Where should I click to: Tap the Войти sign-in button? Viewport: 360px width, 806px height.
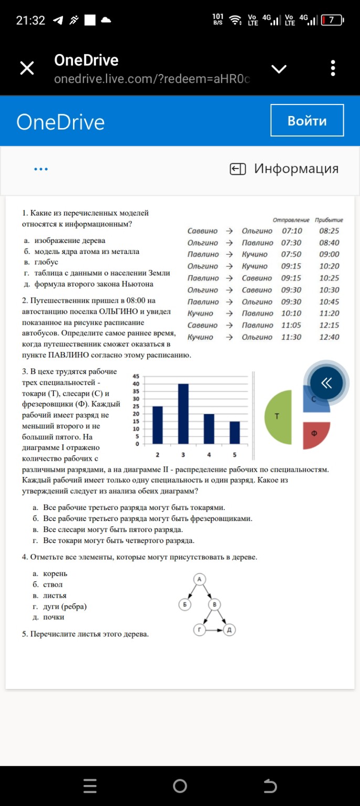coord(307,121)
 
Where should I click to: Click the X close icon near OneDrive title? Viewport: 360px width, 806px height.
coord(27,68)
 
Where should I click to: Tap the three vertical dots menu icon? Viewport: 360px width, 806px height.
coord(333,68)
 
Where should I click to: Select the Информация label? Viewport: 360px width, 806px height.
coord(296,168)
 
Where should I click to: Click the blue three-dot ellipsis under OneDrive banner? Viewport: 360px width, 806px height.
coord(40,169)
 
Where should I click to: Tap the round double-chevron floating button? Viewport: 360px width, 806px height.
coord(326,383)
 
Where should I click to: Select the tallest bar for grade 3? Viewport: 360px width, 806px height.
coord(183,413)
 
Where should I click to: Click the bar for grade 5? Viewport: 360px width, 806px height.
coord(235,432)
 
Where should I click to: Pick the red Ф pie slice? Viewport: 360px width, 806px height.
coord(315,434)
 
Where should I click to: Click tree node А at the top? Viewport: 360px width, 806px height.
coord(199,579)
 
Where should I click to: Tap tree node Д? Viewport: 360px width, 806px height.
coord(229,630)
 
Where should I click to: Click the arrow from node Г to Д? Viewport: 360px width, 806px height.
coord(214,630)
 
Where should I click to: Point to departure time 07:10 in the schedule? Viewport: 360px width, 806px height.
coord(292,231)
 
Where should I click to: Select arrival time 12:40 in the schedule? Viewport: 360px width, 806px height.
coord(329,337)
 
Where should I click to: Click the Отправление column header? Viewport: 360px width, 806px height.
coord(291,220)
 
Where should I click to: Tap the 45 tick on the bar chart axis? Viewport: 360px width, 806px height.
coord(135,376)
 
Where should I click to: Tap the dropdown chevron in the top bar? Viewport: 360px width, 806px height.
coord(279,69)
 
